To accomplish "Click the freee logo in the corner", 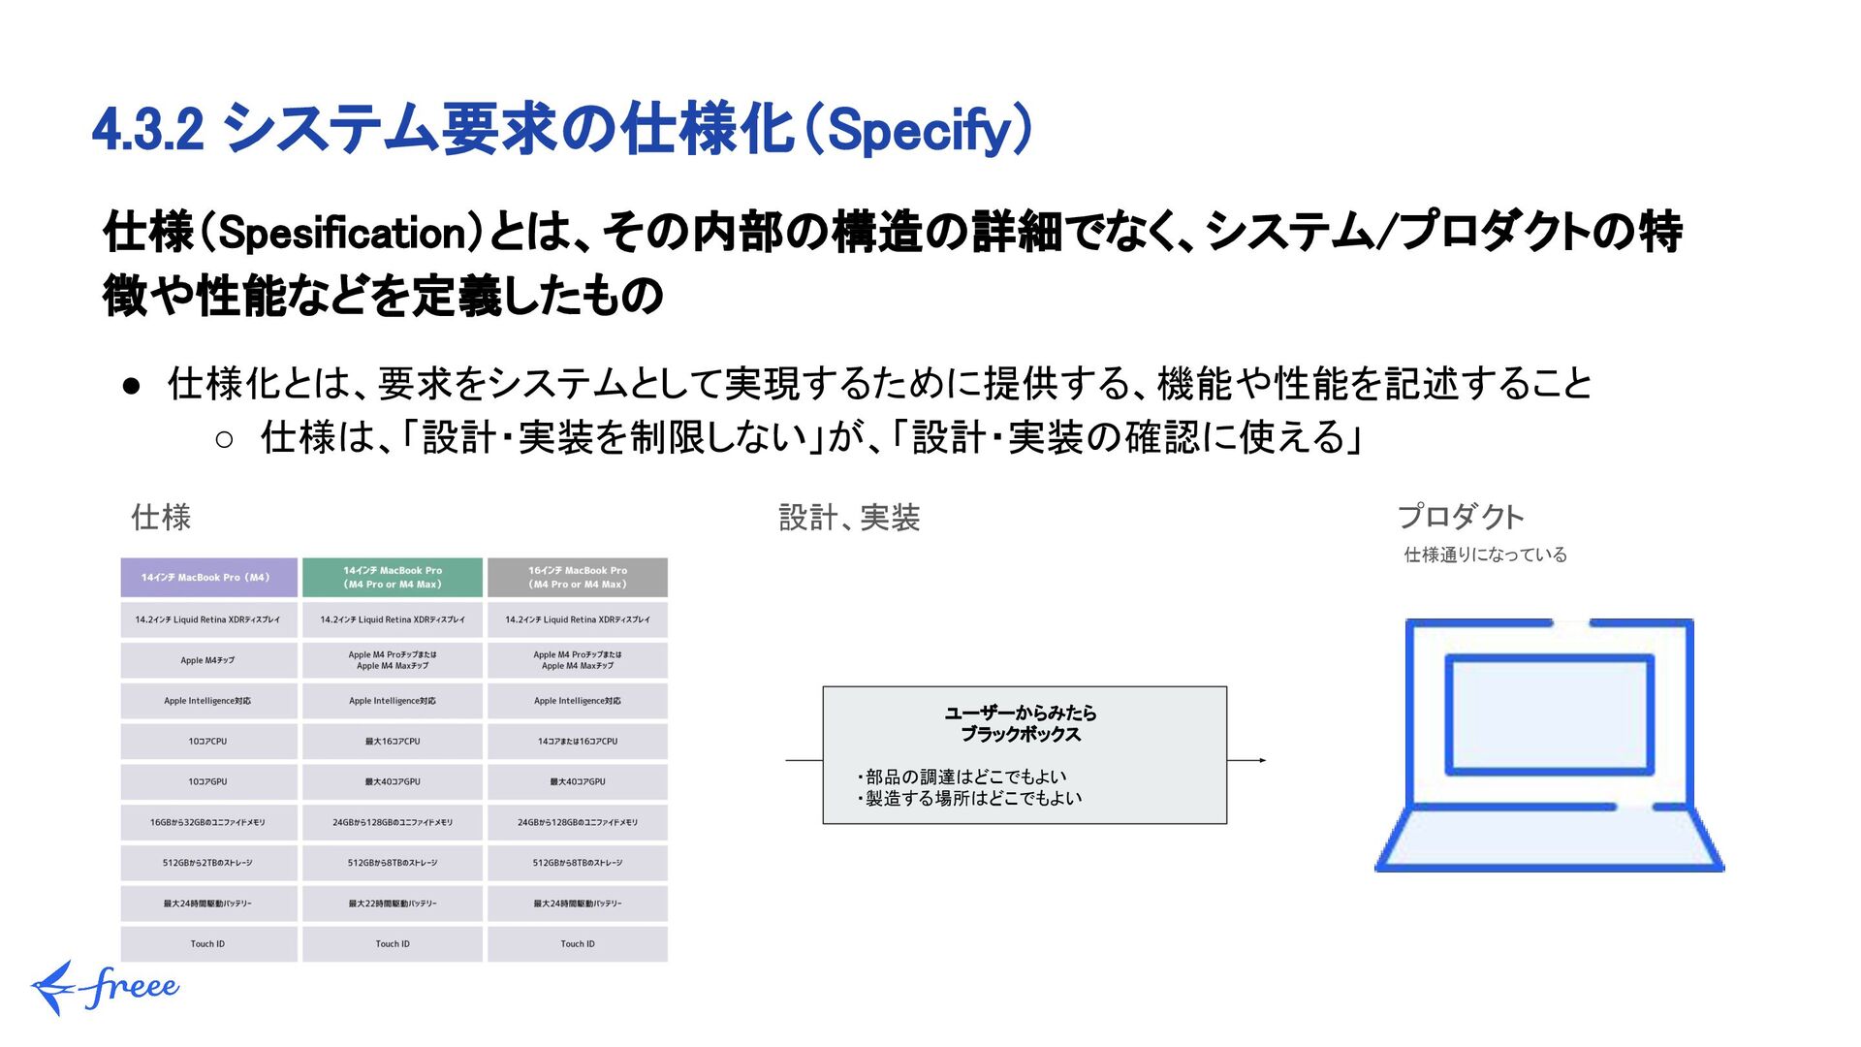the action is click(105, 987).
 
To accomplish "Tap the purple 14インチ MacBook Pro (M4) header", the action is click(208, 578).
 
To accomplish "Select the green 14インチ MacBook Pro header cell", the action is click(393, 578).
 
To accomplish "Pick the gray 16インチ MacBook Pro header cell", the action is click(578, 578).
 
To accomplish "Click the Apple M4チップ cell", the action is click(208, 660).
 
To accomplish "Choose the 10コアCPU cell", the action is click(208, 742).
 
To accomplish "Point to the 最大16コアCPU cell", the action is click(393, 742).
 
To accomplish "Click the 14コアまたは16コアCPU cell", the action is click(578, 742).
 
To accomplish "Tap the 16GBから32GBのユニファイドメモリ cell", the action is click(208, 822).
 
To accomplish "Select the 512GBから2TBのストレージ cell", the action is click(208, 863).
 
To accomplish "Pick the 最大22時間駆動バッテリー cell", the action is click(393, 904).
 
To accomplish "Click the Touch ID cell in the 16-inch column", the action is click(578, 944).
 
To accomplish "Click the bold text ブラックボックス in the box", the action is click(1021, 735).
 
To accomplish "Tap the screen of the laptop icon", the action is click(1549, 715).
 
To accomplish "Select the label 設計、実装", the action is click(849, 518).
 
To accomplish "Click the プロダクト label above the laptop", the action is click(1461, 517).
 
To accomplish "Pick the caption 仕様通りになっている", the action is click(1485, 555).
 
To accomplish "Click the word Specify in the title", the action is click(921, 131).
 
